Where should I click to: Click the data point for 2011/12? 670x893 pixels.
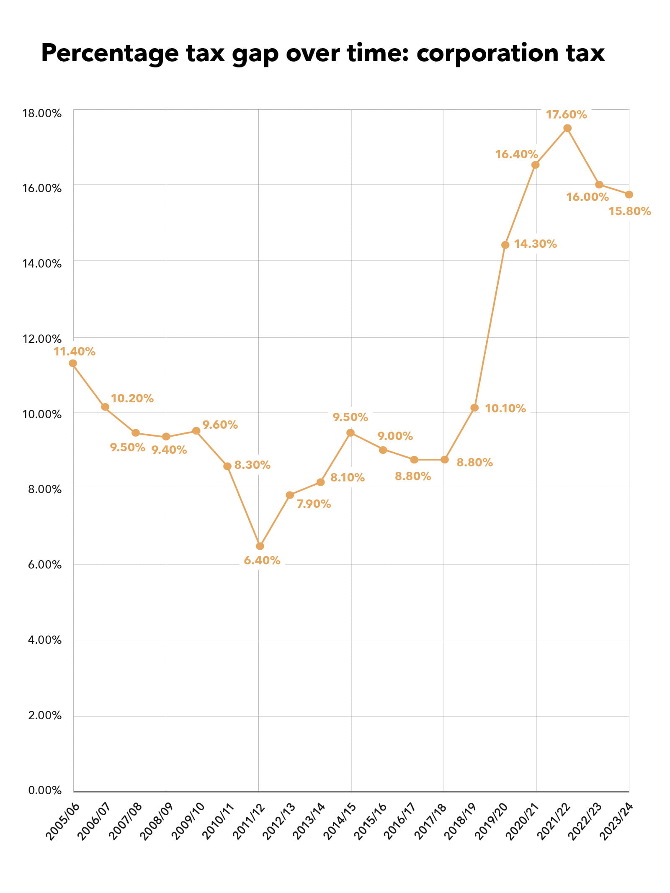[x=260, y=546]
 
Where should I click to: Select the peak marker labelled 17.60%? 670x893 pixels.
[x=567, y=128]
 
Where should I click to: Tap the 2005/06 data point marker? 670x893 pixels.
[x=73, y=363]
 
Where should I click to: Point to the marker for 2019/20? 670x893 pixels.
[x=505, y=245]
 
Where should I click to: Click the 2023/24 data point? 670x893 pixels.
[x=629, y=195]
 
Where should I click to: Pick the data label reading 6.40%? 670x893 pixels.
[x=262, y=560]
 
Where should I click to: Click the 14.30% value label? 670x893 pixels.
[x=535, y=244]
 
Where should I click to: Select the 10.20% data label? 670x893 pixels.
[x=132, y=398]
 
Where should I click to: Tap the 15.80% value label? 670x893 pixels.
[x=629, y=211]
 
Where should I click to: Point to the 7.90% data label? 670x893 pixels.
[x=314, y=504]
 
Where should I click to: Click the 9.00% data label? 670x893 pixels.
[x=395, y=436]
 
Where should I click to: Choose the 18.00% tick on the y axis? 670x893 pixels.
[x=42, y=113]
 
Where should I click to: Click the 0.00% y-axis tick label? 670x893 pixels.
[x=45, y=790]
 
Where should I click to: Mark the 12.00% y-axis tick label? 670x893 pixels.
[x=42, y=339]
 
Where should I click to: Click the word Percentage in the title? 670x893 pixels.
[x=110, y=54]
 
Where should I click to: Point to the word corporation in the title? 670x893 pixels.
[x=487, y=54]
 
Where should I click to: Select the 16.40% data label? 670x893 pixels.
[x=516, y=154]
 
